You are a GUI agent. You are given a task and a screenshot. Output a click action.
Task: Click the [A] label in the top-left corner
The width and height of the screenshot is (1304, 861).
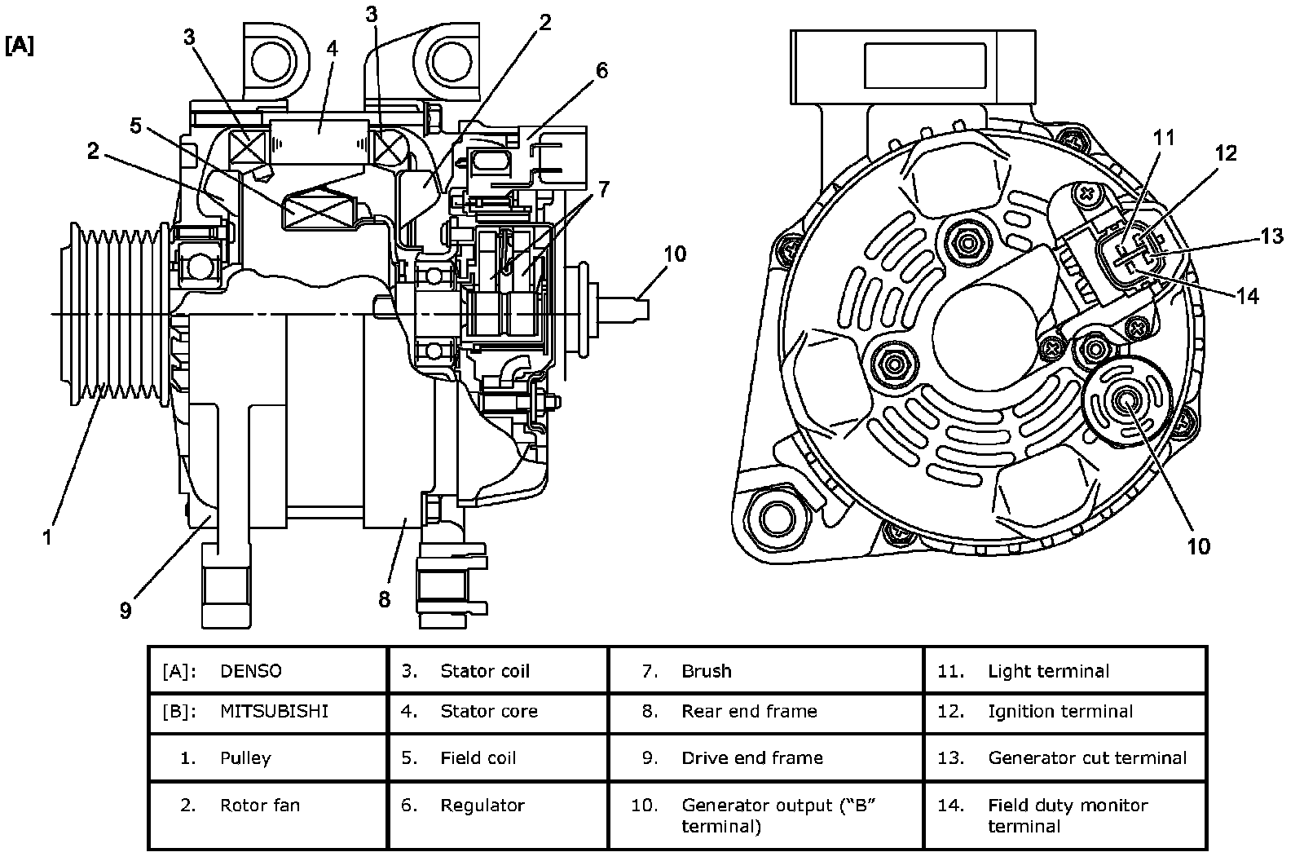[20, 46]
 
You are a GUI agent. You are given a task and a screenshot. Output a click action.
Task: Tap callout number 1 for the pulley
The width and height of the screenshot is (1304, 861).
[48, 537]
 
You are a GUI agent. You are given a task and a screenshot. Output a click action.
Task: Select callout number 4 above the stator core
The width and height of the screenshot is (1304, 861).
[332, 49]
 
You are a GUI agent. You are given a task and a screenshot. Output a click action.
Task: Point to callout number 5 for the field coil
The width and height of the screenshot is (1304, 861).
[135, 126]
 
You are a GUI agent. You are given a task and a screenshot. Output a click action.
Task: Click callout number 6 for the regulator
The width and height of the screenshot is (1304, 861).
[602, 71]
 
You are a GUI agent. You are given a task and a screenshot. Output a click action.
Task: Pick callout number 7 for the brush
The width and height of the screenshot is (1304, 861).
[604, 189]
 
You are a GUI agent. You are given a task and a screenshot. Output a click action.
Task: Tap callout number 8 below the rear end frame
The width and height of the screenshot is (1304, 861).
[384, 599]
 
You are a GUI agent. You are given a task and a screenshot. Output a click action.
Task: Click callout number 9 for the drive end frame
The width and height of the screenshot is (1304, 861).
[126, 611]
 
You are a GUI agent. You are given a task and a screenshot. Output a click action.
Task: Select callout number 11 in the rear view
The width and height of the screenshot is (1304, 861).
[1165, 138]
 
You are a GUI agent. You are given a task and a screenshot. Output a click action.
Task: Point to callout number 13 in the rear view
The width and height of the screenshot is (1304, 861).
[1272, 236]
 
